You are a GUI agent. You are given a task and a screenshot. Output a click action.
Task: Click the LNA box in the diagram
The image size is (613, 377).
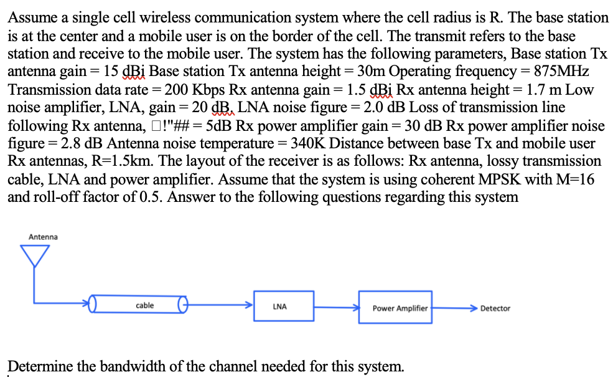coord(279,307)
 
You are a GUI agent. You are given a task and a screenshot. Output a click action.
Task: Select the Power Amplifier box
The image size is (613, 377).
coord(400,308)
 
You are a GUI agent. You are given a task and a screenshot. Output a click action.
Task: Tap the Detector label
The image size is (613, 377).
coord(495,308)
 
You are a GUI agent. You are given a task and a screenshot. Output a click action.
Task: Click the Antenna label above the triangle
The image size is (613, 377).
coord(43,237)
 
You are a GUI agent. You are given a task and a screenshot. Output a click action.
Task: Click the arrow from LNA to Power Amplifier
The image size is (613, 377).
coord(337,307)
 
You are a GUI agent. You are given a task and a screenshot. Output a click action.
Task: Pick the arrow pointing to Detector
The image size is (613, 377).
coord(454,308)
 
